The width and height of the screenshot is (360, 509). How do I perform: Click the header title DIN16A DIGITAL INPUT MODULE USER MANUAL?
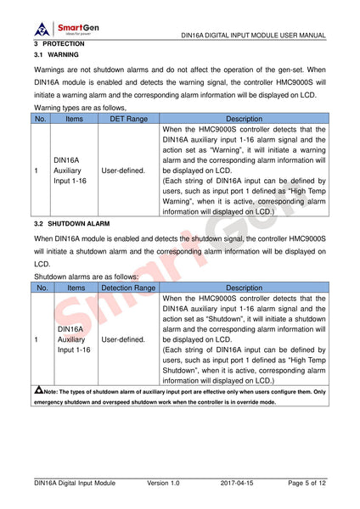pyautogui.click(x=254, y=36)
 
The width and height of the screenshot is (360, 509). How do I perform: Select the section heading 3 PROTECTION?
pyautogui.click(x=59, y=43)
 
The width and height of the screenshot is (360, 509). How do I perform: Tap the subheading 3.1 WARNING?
pyautogui.click(x=58, y=54)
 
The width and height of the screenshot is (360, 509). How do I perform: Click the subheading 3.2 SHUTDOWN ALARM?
pyautogui.click(x=72, y=223)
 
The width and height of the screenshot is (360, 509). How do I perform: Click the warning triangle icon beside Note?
pyautogui.click(x=39, y=390)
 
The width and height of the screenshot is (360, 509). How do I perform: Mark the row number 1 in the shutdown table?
pyautogui.click(x=37, y=339)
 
